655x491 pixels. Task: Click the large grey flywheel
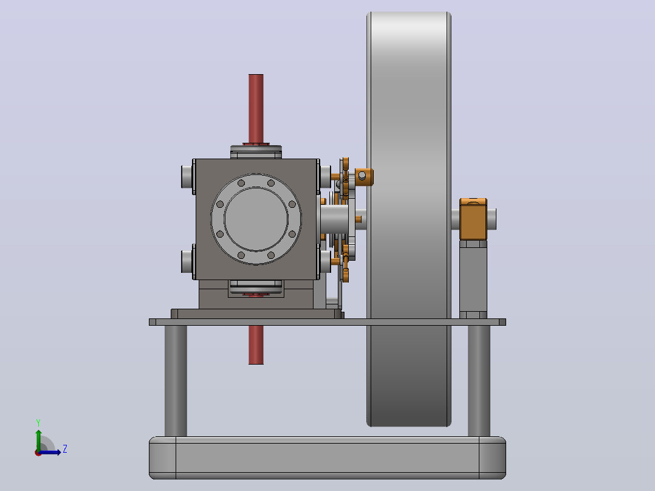(408, 219)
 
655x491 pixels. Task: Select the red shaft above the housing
(256, 109)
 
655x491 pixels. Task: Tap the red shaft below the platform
(256, 345)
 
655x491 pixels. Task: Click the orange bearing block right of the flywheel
(473, 219)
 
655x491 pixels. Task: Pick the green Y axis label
(38, 422)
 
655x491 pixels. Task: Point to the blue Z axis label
(65, 449)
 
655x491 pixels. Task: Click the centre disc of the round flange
(256, 219)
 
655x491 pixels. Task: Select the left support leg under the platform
(176, 381)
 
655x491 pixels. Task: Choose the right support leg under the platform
(479, 381)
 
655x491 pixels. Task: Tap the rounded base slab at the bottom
(327, 458)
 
